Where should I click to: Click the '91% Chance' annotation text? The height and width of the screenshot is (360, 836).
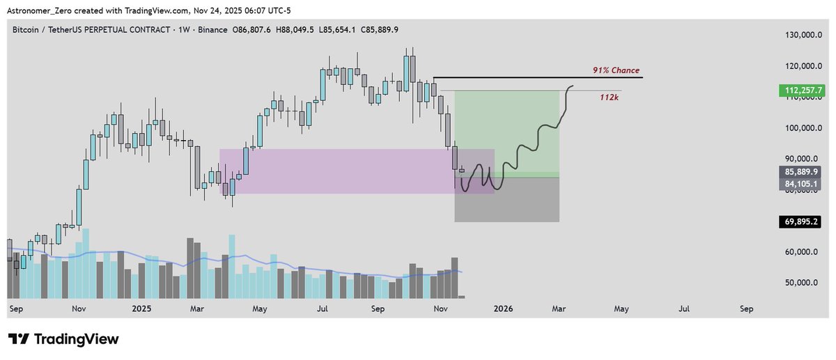[x=615, y=71]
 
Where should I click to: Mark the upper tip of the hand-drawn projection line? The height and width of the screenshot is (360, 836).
[x=573, y=86]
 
